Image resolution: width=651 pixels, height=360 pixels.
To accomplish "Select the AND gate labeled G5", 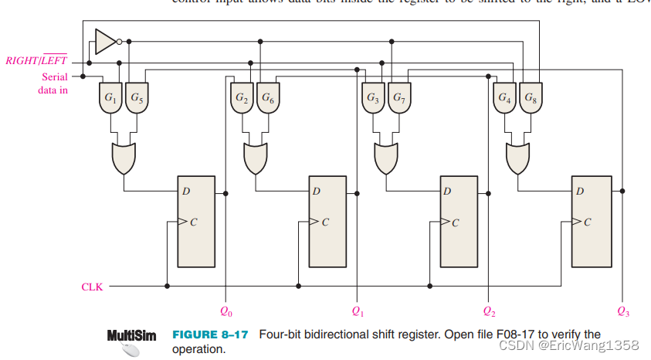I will point(136,99).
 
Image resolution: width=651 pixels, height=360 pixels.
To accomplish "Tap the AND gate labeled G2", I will point(242,99).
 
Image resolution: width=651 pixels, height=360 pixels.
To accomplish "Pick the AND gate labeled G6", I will point(267,99).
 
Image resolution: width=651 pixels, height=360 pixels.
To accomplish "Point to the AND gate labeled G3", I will point(374,99).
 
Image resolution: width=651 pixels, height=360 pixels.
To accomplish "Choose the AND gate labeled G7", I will point(398,99).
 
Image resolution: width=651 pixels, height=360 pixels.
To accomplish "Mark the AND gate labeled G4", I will point(504,99).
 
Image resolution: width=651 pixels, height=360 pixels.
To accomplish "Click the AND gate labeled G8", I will point(530,99).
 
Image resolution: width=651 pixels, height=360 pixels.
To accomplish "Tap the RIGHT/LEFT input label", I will point(36,60).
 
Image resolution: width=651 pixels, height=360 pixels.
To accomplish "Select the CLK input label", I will point(92,287).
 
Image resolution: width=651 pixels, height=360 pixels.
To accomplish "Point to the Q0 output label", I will point(225,312).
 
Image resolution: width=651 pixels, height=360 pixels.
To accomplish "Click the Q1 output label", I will point(357,312).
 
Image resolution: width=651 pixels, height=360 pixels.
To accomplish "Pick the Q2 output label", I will point(488,312).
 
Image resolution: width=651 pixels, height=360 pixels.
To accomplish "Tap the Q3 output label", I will point(623,312).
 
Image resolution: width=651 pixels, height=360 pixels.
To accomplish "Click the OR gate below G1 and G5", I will point(124,158).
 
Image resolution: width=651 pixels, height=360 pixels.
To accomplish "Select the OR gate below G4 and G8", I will point(517,158).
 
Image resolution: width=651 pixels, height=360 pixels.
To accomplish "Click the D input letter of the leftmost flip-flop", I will point(186,191).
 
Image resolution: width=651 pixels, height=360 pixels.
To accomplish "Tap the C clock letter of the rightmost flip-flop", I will point(587,222).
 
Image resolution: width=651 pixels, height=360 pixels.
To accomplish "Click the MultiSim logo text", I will point(131,336).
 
